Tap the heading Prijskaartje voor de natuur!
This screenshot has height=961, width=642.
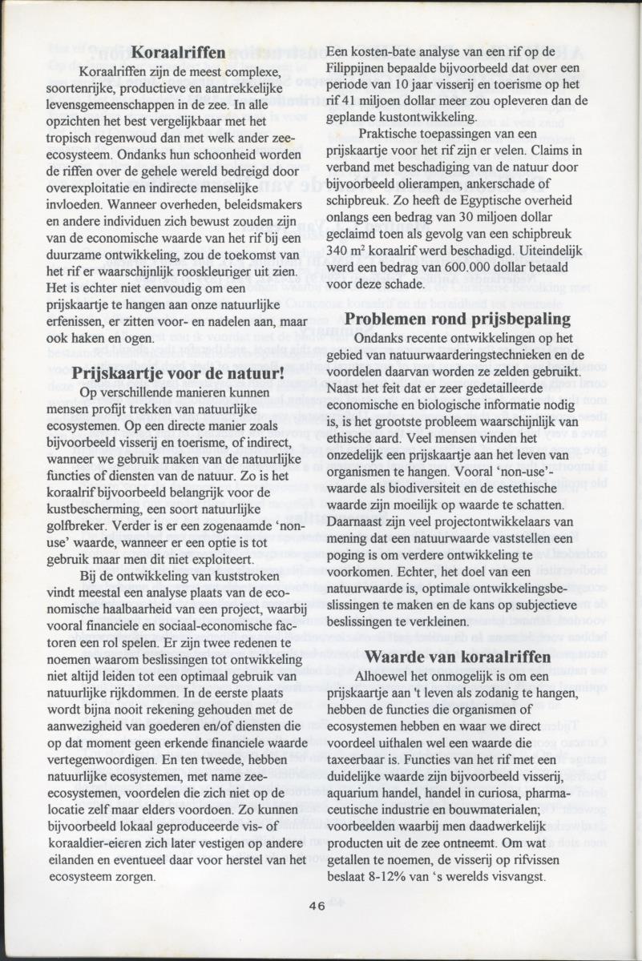(179, 372)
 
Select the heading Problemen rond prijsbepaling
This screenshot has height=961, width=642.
(458, 319)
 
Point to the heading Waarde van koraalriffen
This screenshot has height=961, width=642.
(458, 657)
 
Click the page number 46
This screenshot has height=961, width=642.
(316, 905)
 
